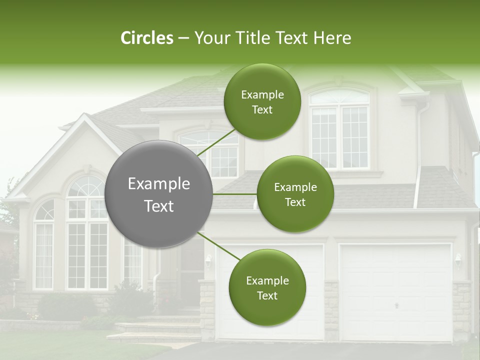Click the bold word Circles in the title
[146, 38]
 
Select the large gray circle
[159, 194]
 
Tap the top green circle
[262, 101]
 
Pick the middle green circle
[295, 194]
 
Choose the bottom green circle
[267, 287]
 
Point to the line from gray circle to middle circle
[235, 194]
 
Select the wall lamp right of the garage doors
[457, 259]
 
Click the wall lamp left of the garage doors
[208, 260]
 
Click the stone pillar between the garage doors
[331, 310]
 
